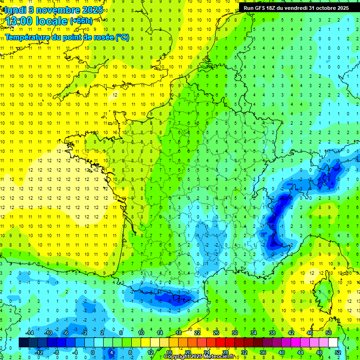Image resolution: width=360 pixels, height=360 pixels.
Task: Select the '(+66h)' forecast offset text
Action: (x=81, y=21)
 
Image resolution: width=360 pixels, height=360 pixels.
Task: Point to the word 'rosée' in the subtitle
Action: (x=103, y=37)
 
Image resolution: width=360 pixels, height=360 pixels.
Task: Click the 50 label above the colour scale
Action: (x=329, y=333)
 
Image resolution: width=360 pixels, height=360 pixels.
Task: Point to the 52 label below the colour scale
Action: (x=338, y=352)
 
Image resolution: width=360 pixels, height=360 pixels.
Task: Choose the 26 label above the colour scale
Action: (x=216, y=333)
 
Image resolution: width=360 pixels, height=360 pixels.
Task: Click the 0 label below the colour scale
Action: (x=92, y=352)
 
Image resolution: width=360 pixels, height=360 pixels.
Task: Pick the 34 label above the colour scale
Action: (x=254, y=333)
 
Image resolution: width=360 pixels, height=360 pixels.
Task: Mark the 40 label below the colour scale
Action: (x=282, y=352)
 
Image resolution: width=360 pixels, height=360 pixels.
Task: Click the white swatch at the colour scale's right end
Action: (x=333, y=343)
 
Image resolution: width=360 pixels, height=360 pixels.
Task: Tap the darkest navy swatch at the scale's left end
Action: (x=23, y=343)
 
